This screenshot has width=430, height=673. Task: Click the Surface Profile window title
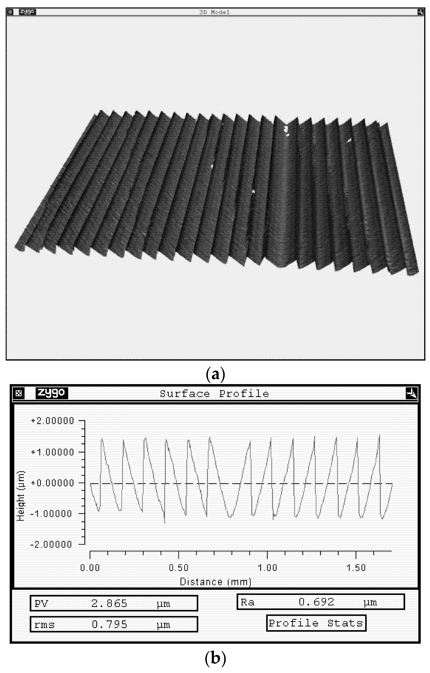click(214, 394)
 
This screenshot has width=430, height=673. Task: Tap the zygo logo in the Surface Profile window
click(52, 393)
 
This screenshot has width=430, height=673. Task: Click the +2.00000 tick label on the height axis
click(52, 421)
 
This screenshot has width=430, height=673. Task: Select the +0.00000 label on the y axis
click(52, 483)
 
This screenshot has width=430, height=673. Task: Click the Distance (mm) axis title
click(215, 582)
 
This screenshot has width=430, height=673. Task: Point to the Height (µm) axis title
click(21, 496)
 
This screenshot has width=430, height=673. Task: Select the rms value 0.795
click(109, 624)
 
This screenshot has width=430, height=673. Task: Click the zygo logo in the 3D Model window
click(27, 12)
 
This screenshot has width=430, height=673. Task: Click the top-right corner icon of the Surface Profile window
click(411, 394)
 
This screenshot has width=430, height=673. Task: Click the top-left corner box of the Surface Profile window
click(19, 394)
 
